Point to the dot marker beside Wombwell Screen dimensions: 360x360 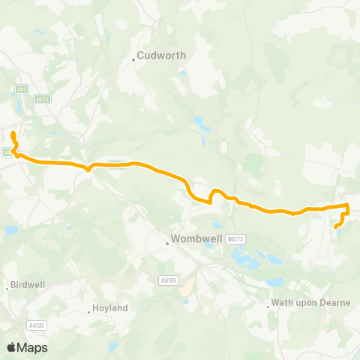point(167,242)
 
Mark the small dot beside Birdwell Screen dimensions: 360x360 point(8,287)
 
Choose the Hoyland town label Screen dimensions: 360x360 point(110,308)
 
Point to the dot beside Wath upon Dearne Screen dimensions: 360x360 point(268,305)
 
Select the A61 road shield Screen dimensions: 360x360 point(21,88)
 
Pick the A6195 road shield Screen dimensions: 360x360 point(168,280)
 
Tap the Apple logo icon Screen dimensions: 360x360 point(11,347)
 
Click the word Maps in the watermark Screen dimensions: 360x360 point(32,347)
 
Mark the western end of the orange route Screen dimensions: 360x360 point(13,133)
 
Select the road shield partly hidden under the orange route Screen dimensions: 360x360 point(116,164)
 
